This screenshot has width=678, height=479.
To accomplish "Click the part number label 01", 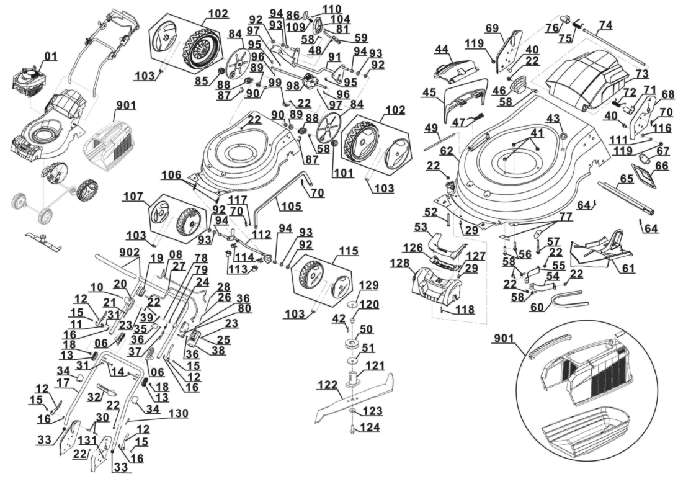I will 50,57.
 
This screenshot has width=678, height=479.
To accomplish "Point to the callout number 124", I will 369,428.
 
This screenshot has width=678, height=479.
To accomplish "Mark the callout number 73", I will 641,74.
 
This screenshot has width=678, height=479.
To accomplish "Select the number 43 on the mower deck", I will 552,118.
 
